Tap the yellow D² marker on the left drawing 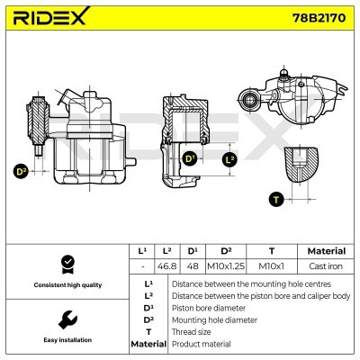[22, 170]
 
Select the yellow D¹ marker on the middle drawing [191, 159]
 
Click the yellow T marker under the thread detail [276, 199]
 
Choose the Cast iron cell [325, 266]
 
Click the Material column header [325, 250]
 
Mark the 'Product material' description [201, 344]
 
